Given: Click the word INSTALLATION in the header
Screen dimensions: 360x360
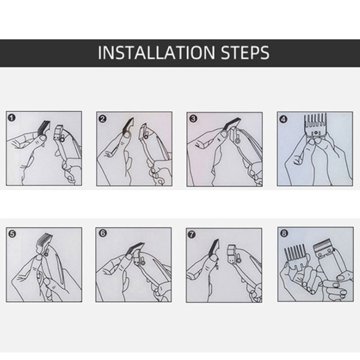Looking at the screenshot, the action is click(x=156, y=53).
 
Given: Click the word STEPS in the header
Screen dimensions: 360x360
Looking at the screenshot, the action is click(x=245, y=53).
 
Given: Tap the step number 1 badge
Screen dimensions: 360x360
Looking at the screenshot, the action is click(x=12, y=118).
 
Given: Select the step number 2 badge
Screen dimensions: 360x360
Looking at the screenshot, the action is click(x=103, y=119).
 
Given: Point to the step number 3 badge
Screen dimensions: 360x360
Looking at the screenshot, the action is click(x=193, y=119).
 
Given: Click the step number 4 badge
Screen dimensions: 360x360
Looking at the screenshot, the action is click(x=284, y=119).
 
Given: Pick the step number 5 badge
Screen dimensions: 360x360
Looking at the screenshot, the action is click(x=12, y=234).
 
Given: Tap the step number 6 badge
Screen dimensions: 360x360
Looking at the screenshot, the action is click(x=103, y=234).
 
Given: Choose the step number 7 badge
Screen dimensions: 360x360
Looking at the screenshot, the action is click(x=191, y=234).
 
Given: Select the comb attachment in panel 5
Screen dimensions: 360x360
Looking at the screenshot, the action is click(x=43, y=243).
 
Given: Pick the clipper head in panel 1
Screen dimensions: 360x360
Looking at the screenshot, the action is click(x=60, y=133).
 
